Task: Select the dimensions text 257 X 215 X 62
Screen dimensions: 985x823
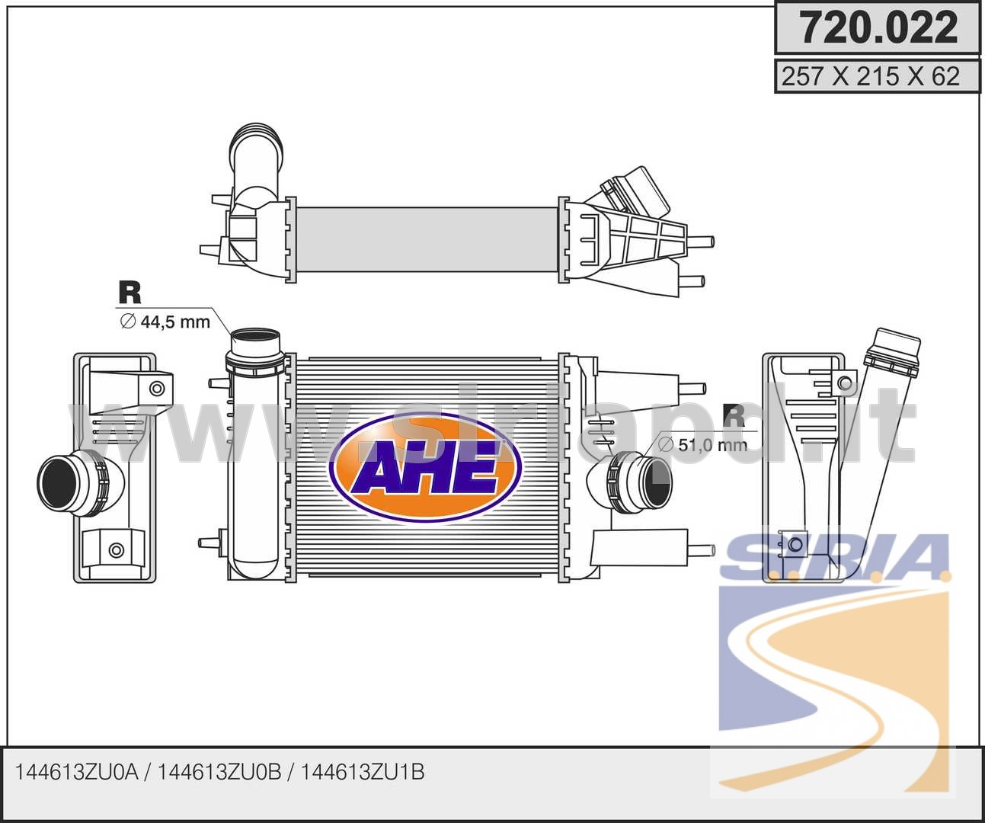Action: [871, 76]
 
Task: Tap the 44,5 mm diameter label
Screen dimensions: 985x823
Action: [165, 322]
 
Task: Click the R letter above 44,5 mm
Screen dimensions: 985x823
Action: [130, 293]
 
